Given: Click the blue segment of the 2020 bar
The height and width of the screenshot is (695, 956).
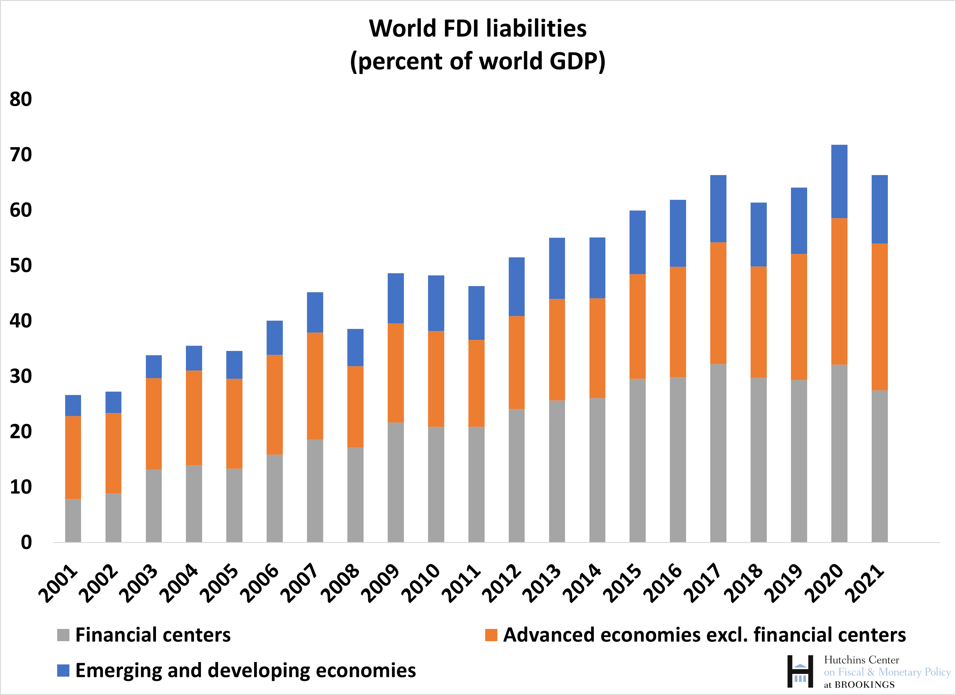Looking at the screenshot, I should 839,181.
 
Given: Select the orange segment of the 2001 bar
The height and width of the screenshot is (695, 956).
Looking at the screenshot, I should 73,458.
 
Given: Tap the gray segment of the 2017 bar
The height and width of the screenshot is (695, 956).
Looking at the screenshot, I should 718,453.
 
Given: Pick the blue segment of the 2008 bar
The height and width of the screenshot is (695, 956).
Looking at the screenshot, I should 355,347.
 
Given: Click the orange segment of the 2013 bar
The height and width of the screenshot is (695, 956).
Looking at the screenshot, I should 557,350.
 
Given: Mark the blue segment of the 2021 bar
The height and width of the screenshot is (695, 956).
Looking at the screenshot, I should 879,209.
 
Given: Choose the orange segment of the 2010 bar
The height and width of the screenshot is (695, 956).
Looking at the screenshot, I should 436,379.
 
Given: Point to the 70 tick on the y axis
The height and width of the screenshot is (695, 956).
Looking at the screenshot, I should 21,155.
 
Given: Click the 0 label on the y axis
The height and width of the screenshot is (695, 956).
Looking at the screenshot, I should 26,542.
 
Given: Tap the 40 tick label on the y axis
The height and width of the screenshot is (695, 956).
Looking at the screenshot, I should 21,321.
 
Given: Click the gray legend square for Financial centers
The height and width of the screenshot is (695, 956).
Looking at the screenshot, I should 63,635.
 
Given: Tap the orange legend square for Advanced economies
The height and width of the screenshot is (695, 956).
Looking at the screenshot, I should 491,635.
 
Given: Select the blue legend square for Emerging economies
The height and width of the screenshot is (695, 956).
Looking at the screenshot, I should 63,671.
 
